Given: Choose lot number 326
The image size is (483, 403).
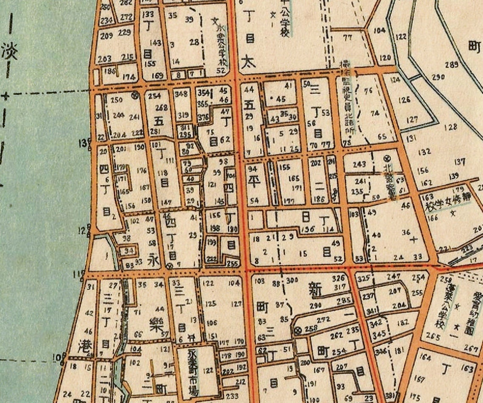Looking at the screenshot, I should tap(338, 279).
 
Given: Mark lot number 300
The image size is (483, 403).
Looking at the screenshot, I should tap(292, 280).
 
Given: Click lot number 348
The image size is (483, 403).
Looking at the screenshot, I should tap(181, 94).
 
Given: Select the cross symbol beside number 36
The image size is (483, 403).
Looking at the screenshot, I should tap(414, 240).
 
